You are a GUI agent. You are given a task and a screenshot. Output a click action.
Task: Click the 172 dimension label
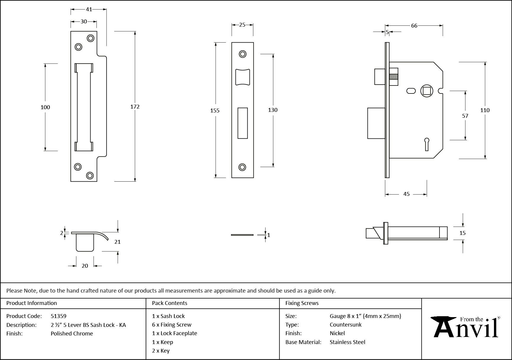135,107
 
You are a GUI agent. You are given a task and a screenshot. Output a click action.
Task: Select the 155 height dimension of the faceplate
215,111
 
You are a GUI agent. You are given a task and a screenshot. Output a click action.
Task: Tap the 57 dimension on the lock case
465,116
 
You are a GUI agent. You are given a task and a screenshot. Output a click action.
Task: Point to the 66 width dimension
414,26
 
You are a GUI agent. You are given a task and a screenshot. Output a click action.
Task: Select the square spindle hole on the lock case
426,91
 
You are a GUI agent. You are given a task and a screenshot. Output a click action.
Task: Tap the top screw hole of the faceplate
243,54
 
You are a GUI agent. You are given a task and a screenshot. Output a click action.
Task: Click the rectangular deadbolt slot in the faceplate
243,123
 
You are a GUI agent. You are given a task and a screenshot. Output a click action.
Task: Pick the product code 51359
59,316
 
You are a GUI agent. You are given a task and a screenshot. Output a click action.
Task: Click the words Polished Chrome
72,333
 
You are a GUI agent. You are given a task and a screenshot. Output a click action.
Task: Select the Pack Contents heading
170,303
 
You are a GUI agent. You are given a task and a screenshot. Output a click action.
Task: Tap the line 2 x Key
161,351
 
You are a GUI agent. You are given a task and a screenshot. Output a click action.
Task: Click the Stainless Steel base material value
347,342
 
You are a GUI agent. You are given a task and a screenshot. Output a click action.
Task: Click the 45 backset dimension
406,194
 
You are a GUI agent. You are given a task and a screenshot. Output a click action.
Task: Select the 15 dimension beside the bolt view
462,233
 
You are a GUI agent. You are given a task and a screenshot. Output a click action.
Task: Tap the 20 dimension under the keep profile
85,266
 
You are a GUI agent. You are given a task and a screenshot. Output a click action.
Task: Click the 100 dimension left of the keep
45,107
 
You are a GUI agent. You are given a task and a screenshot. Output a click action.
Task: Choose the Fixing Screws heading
302,303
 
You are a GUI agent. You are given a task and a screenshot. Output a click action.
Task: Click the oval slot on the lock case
411,91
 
